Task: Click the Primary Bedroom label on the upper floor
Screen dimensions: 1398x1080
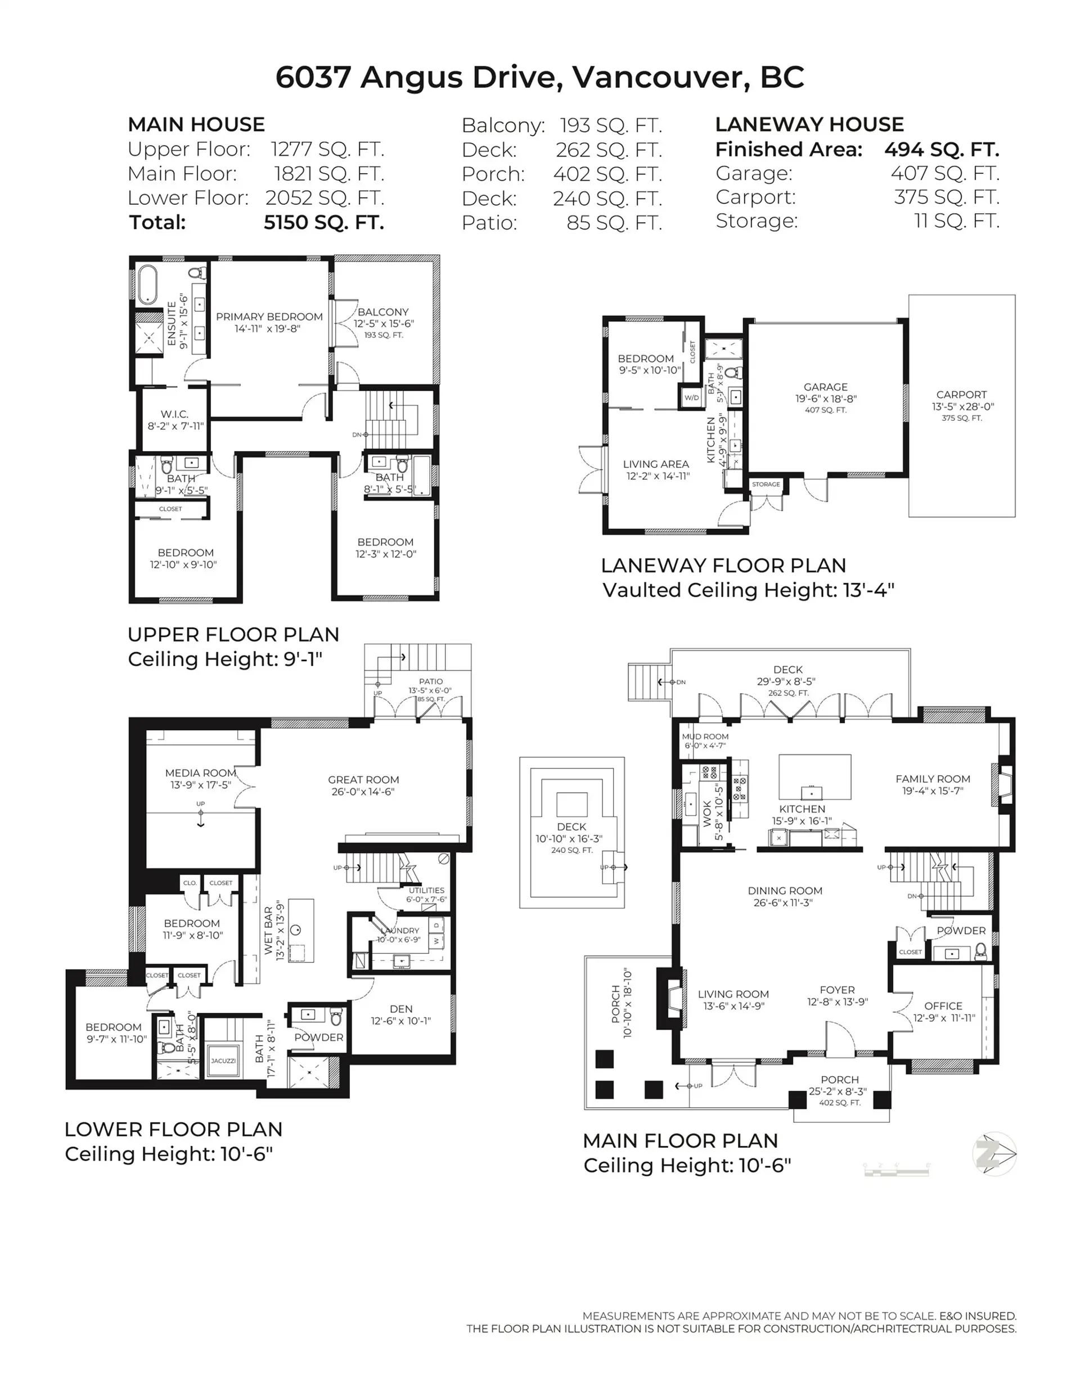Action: click(269, 317)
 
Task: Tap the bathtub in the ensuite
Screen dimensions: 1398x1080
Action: click(147, 284)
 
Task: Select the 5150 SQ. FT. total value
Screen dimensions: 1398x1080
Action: click(324, 222)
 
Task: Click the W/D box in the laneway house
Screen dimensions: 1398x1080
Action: click(691, 398)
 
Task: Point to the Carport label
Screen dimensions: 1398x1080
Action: click(961, 395)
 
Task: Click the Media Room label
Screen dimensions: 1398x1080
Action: click(200, 773)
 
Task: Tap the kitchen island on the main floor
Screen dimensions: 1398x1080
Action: click(814, 776)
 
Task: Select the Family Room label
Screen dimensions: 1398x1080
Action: click(932, 779)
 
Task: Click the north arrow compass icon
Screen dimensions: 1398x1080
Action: click(994, 1153)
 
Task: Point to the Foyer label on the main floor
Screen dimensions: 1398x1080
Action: click(837, 990)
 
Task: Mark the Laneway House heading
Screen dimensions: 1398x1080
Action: click(809, 124)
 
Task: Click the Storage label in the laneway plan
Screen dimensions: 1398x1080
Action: click(766, 484)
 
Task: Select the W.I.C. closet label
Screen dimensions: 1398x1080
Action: click(174, 414)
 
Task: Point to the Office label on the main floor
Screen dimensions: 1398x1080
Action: click(943, 1006)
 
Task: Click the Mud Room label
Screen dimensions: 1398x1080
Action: click(705, 737)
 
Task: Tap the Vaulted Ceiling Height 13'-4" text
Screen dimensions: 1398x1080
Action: click(748, 590)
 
